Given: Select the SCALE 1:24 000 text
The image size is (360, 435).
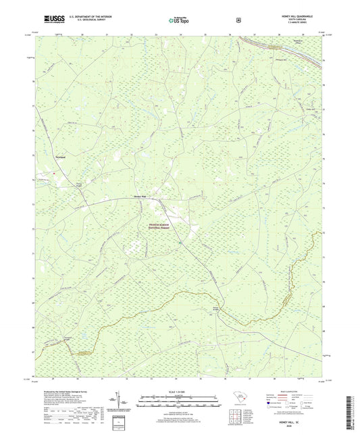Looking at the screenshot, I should click(179, 392).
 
